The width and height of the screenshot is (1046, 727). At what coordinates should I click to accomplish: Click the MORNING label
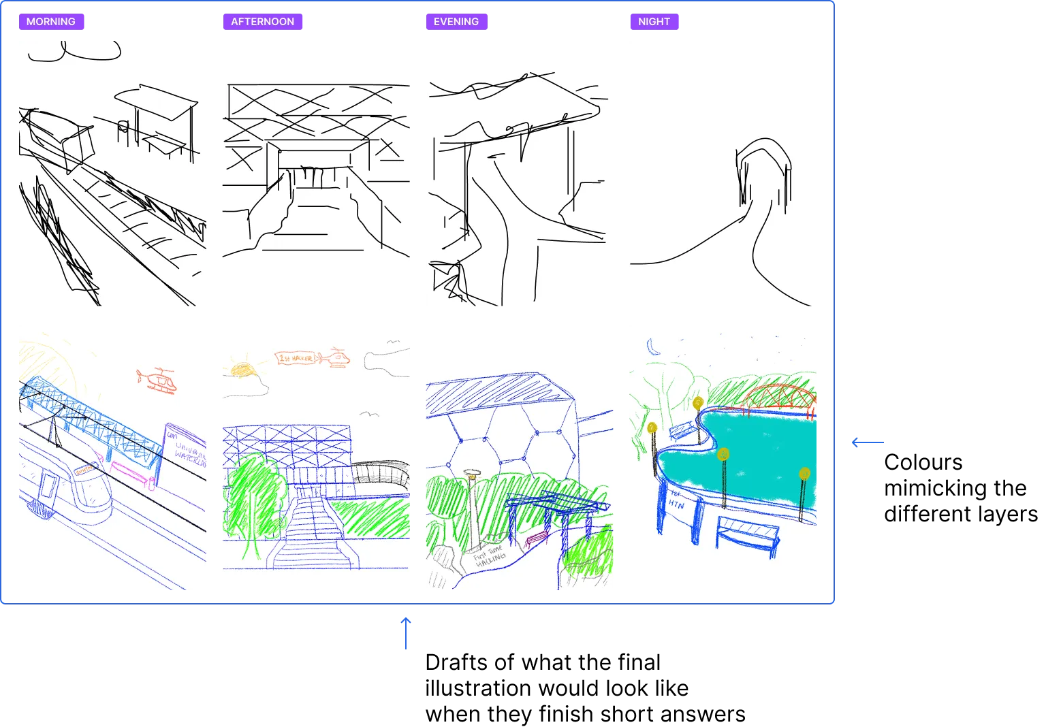(51, 22)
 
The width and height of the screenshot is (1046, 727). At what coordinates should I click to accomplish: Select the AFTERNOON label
(263, 22)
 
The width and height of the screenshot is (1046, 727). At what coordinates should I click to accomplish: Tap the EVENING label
(456, 22)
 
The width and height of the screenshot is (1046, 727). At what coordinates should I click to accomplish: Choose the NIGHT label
(654, 22)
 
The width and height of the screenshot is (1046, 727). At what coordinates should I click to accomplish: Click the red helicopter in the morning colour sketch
(158, 381)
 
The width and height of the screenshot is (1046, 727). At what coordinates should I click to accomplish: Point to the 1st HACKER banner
(296, 358)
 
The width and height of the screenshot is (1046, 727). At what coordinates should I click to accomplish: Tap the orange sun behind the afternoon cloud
(242, 370)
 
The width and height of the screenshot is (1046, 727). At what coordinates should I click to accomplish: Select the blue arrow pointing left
(869, 444)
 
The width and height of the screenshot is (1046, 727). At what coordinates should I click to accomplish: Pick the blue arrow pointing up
(406, 634)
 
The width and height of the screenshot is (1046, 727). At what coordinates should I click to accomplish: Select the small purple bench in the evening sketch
(537, 539)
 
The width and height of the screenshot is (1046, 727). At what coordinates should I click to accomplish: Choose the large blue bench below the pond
(747, 534)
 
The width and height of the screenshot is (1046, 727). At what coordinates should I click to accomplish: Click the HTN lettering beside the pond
(676, 500)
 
